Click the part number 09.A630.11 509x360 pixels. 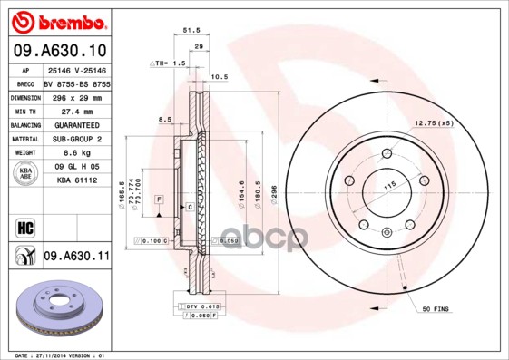point(76,258)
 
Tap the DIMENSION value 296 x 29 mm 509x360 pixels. point(75,96)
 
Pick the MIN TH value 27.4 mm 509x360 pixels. point(75,111)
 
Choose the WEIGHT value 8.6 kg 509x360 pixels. point(75,153)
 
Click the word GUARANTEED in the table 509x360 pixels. point(75,124)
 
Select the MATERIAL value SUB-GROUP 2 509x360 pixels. point(75,139)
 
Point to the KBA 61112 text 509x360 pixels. point(76,181)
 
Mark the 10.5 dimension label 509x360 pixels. point(218,77)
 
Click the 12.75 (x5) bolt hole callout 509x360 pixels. point(433,122)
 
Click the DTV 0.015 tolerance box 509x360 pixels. point(201,307)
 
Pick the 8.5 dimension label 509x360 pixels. point(164,120)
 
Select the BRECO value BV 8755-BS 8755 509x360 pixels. point(76,83)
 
